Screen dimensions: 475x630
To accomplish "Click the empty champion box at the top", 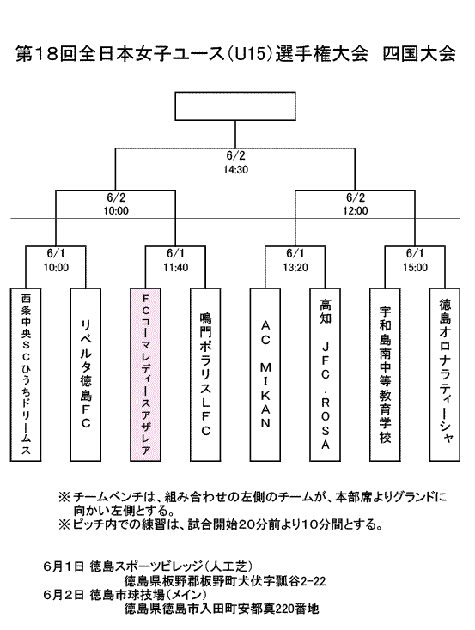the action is coord(235,106).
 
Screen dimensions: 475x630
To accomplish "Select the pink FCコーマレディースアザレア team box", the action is coord(146,374).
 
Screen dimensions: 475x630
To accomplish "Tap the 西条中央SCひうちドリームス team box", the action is coord(26,374).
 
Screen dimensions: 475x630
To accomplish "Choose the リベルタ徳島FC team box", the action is coord(86,374).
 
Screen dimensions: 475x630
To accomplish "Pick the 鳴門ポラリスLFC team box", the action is coord(205,374).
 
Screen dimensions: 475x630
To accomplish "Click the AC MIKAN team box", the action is coord(265,374).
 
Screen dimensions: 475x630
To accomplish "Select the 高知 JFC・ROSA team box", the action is coord(326,374).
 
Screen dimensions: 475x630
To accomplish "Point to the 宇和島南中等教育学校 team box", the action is coord(386,374).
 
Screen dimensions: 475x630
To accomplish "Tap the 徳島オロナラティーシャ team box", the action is coord(445,374).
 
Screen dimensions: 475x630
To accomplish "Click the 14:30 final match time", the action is coord(235,170).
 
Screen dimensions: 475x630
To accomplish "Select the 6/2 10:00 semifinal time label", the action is coord(116,204).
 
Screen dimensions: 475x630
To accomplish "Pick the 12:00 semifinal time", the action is coord(356,210).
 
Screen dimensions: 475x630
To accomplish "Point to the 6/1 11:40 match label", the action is coord(176,260).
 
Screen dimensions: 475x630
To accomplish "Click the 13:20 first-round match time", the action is coord(295,267).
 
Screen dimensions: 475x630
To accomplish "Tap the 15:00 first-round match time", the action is coord(416,267).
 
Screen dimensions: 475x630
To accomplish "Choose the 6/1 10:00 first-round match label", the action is coord(56,260).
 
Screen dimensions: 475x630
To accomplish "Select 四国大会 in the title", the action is coord(418,54).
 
